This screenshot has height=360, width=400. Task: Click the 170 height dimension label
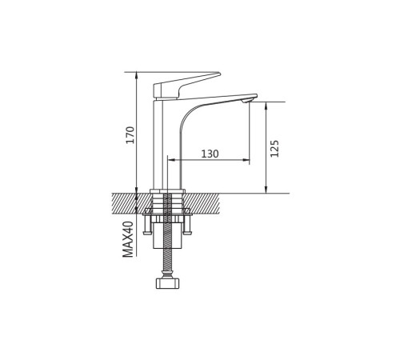tap(130, 135)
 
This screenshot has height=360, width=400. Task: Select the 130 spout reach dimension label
tap(210, 154)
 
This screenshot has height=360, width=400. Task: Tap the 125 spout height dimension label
tap(274, 148)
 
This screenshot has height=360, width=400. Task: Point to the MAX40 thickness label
tap(128, 239)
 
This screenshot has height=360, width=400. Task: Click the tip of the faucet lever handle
tap(219, 73)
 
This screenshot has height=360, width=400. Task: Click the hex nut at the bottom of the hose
tap(167, 283)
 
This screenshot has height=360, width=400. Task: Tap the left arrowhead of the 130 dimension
tap(171, 160)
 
